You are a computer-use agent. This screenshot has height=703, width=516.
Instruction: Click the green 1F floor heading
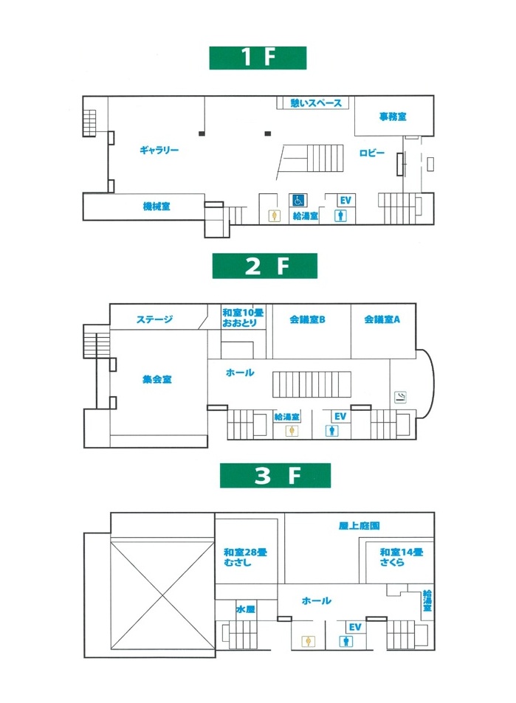coord(258,58)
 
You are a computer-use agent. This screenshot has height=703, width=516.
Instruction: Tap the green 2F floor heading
coord(265,266)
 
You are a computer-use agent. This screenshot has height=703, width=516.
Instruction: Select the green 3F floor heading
coord(275,475)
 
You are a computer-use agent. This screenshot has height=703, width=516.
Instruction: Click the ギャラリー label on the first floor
coord(159,150)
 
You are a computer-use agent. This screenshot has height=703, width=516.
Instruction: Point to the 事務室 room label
coord(393,117)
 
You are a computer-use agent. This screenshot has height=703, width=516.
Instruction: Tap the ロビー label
coord(372,153)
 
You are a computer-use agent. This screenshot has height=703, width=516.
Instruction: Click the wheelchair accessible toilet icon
coord(299,201)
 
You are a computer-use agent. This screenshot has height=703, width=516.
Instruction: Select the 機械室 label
coord(156,207)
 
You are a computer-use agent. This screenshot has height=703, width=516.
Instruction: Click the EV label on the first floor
coord(345,201)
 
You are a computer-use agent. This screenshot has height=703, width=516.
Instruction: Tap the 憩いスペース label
coord(316,103)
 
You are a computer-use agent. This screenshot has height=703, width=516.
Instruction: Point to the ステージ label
coord(154,319)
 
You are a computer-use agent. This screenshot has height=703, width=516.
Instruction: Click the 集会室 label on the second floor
coord(157,380)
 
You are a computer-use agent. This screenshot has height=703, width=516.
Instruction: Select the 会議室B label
coord(307,319)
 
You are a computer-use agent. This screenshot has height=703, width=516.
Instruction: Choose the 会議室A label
coord(382,319)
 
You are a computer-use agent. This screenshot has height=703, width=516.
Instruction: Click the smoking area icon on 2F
coord(400,397)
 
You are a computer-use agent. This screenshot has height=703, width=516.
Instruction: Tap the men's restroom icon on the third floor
coord(346,641)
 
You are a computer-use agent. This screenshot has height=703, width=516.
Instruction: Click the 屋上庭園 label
coord(359,525)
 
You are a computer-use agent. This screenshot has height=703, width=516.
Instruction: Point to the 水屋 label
coord(245,609)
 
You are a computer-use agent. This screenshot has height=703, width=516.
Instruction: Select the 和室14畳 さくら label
coord(401,557)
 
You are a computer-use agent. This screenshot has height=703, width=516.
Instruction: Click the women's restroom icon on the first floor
coord(274,216)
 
